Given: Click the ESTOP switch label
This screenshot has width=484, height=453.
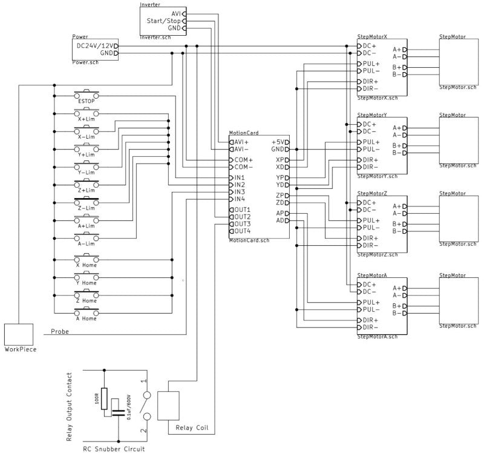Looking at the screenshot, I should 87,101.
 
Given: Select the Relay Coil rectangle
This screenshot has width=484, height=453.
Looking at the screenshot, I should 168,405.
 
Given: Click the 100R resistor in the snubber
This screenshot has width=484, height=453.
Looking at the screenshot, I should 104,399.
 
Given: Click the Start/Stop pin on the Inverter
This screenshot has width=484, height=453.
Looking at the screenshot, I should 163,21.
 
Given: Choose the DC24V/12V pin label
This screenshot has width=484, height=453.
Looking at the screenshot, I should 94,45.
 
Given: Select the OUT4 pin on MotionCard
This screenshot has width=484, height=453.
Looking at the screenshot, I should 242,231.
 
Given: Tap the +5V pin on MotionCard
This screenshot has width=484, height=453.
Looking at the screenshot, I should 278,142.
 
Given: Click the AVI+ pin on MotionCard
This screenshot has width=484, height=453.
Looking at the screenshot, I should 241,142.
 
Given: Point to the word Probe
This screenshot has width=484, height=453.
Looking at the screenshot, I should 59,331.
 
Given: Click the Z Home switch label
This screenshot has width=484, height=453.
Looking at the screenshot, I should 86,301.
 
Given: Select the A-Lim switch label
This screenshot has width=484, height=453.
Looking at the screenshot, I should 87,243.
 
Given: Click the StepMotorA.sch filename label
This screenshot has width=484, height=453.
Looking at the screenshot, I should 378,336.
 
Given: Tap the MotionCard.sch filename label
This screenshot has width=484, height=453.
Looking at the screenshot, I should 249,240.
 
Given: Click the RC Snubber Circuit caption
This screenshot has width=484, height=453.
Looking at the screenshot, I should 114,449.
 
